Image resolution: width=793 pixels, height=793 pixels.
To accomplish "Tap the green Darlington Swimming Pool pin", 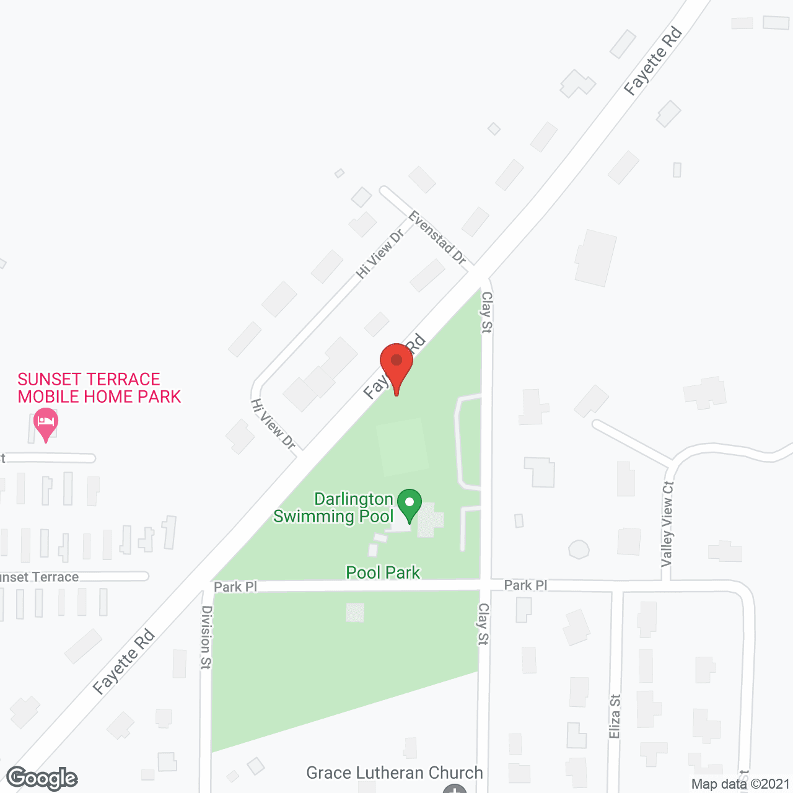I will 409,504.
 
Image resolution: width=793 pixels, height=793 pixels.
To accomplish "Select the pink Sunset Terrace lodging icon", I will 45,423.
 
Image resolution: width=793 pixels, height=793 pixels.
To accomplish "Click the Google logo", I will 42,778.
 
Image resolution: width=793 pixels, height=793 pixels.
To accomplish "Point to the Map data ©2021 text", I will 740,784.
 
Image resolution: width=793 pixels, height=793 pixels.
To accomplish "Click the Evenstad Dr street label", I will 437,238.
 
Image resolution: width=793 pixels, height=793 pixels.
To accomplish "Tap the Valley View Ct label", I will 667,524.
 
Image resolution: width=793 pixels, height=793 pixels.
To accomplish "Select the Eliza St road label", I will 615,716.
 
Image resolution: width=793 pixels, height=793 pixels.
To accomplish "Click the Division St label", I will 206,637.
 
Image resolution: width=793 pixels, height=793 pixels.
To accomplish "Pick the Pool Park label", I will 383,572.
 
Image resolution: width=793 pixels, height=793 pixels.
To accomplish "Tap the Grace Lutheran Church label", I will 395,773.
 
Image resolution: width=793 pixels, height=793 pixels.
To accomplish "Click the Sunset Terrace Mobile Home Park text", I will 99,388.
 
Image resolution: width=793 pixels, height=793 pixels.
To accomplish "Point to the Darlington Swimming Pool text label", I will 334,507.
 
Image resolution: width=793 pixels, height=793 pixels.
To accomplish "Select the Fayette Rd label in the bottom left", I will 123,662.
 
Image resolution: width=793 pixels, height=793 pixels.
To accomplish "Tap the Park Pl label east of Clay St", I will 525,585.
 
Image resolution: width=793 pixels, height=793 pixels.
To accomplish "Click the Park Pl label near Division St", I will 235,587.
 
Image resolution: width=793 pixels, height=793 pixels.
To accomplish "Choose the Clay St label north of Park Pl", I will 486,312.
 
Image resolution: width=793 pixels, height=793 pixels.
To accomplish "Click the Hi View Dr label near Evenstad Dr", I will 380,253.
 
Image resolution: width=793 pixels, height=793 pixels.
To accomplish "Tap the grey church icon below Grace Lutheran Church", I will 455,789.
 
